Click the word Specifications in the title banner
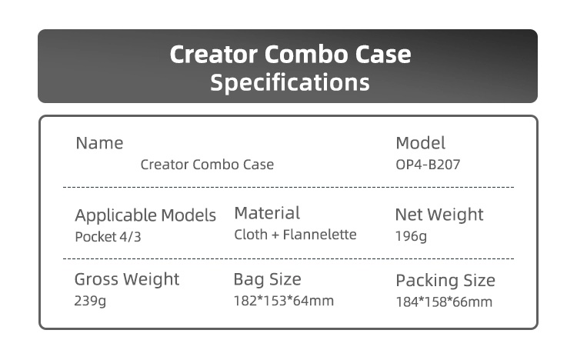click(289, 83)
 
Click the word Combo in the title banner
click(305, 55)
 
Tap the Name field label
click(99, 143)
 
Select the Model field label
click(420, 143)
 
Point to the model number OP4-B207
click(428, 165)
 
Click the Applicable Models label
click(145, 215)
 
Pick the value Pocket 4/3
click(108, 237)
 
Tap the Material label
click(267, 213)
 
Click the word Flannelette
click(319, 235)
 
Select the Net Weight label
click(439, 215)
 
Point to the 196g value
click(411, 236)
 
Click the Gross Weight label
click(127, 279)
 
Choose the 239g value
click(90, 301)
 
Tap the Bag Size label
click(268, 279)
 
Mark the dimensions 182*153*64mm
click(284, 301)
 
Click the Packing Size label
click(445, 281)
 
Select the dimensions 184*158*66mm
click(444, 302)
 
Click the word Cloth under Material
click(251, 235)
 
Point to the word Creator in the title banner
click(213, 55)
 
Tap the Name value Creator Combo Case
click(207, 165)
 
